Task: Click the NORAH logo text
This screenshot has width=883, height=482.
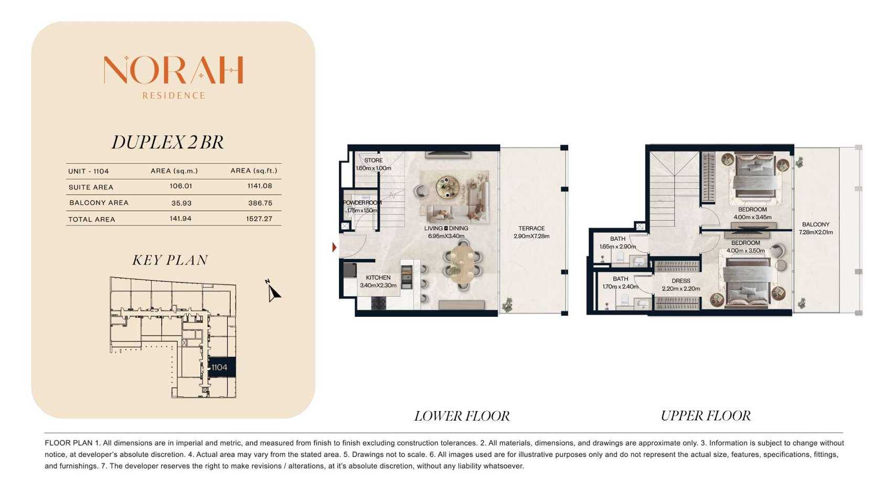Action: (x=174, y=70)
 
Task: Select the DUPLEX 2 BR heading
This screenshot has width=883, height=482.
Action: (x=168, y=142)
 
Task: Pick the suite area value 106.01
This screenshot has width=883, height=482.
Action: (x=181, y=186)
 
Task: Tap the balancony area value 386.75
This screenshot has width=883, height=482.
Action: (x=260, y=203)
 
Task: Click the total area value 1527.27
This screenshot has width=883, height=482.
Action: (x=259, y=219)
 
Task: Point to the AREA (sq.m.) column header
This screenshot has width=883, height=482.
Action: (x=174, y=170)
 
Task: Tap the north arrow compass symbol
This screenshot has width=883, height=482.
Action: (x=273, y=291)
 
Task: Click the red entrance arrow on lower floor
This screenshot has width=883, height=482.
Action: (x=334, y=248)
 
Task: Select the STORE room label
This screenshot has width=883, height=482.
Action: (x=374, y=160)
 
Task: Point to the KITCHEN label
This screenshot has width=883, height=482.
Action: (x=378, y=277)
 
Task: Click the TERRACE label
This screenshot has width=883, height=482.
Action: (x=531, y=228)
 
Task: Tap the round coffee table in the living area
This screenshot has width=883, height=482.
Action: (x=448, y=186)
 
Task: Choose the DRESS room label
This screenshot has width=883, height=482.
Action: (x=681, y=281)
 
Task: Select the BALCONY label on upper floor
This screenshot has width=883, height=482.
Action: (x=816, y=224)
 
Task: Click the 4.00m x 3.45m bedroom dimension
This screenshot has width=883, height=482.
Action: (x=752, y=217)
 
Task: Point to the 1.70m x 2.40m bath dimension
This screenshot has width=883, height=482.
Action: (x=621, y=286)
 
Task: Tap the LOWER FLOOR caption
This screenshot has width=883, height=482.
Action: (x=462, y=416)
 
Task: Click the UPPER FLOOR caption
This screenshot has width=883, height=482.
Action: (x=706, y=416)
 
